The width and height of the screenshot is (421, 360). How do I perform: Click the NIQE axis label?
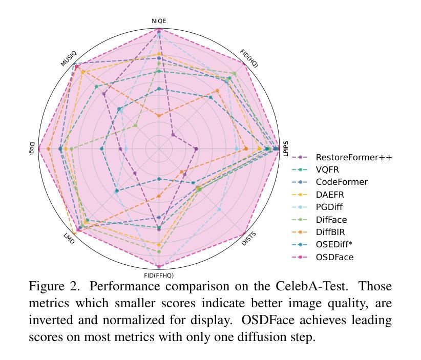click(x=159, y=21)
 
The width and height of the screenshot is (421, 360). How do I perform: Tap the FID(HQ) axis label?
click(x=249, y=58)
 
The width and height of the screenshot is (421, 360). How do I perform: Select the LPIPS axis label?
click(x=286, y=149)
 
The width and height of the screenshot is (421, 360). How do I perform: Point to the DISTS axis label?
click(x=248, y=239)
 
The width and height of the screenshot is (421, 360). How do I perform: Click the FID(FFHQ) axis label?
click(x=159, y=276)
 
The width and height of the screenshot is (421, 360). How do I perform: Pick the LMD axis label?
click(x=69, y=239)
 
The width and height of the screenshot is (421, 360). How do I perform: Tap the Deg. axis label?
click(x=32, y=149)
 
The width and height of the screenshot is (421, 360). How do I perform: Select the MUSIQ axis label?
click(x=69, y=58)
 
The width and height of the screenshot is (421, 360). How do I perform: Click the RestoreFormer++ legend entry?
click(x=342, y=157)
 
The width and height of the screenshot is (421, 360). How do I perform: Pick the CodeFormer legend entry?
click(x=330, y=182)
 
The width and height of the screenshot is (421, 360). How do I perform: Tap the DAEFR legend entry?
click(x=318, y=195)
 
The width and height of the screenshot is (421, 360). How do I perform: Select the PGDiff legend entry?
click(x=317, y=207)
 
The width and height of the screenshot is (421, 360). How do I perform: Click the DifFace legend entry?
click(x=319, y=220)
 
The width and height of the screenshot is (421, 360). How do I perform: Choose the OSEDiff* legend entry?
click(x=322, y=245)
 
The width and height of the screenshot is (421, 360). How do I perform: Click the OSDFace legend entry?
click(x=323, y=257)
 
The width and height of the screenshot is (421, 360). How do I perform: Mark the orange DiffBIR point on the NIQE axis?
click(x=159, y=116)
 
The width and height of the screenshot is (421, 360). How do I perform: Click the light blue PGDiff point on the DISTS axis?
click(x=219, y=209)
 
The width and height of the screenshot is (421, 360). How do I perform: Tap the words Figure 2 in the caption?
click(x=54, y=286)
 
